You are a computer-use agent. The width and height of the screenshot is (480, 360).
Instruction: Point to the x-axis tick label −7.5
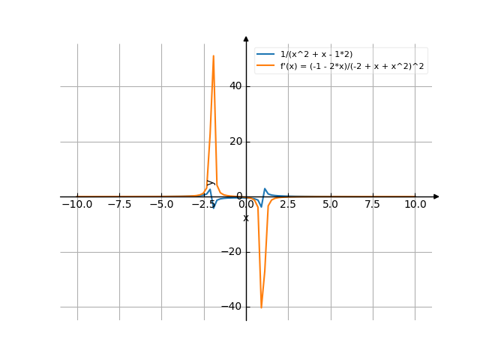pos(118,204)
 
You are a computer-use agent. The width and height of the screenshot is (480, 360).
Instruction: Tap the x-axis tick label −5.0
pos(160,204)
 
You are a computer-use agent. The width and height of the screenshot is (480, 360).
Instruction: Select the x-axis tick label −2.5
pos(202,204)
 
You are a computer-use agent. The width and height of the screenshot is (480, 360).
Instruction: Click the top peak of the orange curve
pos(213,55)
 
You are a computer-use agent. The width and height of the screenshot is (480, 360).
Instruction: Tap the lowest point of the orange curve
pos(261,307)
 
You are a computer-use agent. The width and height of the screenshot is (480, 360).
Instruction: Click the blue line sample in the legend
pos(265,54)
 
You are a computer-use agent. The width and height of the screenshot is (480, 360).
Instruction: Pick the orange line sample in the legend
pos(265,67)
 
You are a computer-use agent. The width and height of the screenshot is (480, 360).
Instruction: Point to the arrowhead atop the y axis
pos(246,38)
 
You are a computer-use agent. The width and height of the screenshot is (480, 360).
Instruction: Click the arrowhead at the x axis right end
pos(436,196)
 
